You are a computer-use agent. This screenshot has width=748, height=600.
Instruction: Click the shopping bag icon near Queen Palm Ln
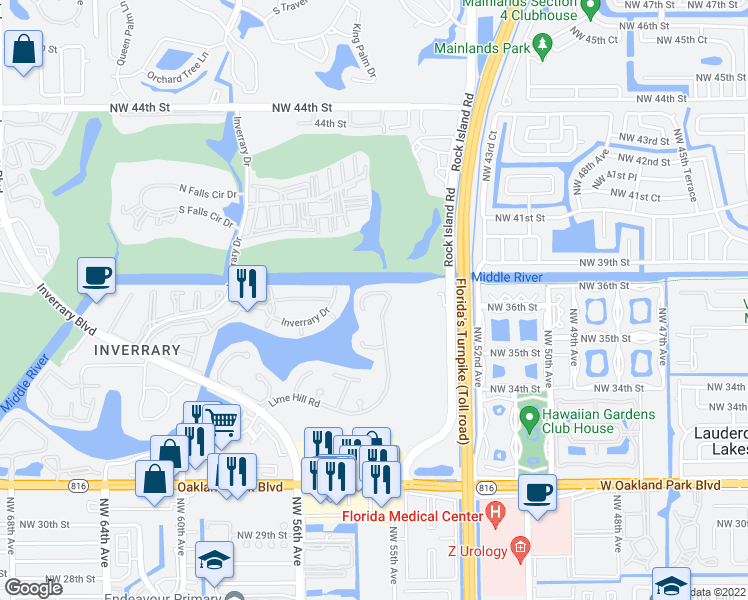[x=23, y=49]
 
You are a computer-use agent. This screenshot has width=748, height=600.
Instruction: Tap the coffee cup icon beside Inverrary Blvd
[x=97, y=276]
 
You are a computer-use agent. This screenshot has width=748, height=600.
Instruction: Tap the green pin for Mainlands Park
[x=543, y=45]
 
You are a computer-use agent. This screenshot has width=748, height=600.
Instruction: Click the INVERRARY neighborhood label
[x=137, y=350]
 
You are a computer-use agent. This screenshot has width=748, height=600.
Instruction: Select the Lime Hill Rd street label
[x=293, y=402]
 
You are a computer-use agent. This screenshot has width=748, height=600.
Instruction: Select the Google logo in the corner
[x=33, y=587]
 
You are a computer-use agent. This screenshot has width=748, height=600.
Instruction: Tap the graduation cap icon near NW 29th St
[x=214, y=560]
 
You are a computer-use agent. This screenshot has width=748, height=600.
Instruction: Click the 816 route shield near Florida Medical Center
[x=487, y=486]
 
